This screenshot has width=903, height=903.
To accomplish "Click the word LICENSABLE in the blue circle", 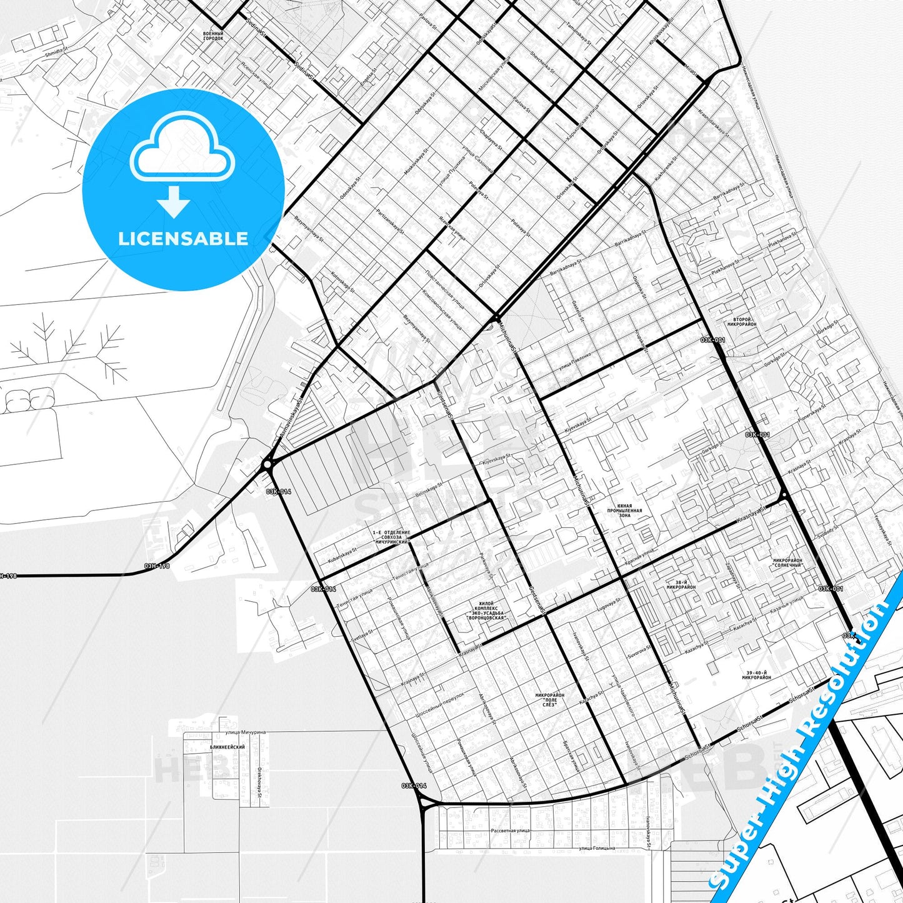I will coord(183,239).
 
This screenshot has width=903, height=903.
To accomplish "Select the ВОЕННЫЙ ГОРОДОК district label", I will coord(212,36).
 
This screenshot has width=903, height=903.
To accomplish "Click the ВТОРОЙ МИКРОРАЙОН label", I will coord(742,322).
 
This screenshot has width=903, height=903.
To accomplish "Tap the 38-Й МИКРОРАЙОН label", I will coord(681,584).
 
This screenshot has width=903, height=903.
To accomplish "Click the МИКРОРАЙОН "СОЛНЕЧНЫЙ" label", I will coord(787,562).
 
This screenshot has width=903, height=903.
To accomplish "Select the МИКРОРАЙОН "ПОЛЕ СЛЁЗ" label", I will coord(550,699).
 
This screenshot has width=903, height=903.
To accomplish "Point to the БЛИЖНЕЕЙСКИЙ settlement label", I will coord(227,747).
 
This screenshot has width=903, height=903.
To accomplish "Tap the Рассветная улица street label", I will coord(510,831).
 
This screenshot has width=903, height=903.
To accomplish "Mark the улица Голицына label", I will coord(596,848).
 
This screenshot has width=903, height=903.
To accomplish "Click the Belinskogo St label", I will coord(429,489).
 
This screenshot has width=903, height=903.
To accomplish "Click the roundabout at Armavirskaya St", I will coord(267,464).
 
